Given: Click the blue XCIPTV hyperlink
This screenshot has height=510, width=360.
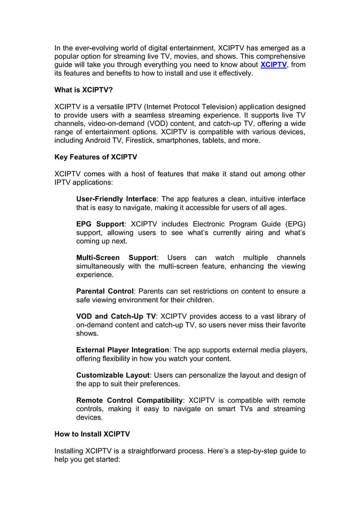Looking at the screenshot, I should (x=274, y=65).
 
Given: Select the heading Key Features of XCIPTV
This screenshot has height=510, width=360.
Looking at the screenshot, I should (x=95, y=156).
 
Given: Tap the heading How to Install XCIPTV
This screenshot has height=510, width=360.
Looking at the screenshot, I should (x=92, y=434).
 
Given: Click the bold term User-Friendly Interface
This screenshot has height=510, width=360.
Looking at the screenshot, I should (x=116, y=199).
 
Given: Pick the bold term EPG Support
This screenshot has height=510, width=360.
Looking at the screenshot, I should (x=100, y=224).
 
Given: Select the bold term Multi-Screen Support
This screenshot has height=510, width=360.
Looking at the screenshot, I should (x=116, y=258).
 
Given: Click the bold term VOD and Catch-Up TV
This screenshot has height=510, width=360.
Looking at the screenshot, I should (x=116, y=316).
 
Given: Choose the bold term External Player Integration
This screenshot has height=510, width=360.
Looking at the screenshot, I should (x=122, y=350).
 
